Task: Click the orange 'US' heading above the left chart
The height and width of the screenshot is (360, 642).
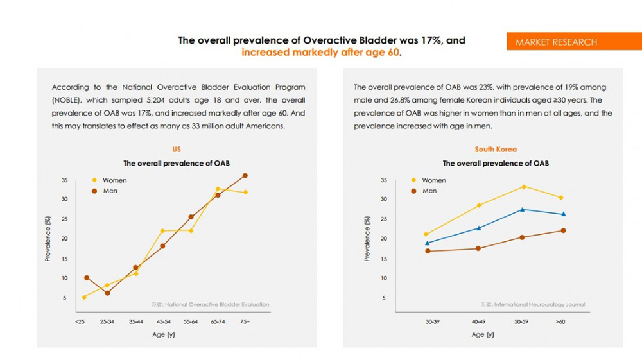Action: (177, 150)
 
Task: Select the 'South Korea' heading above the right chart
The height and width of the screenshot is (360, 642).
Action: (496, 150)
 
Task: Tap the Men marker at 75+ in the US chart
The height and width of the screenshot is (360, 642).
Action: (245, 175)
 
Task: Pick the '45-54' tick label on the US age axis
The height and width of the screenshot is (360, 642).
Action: (163, 321)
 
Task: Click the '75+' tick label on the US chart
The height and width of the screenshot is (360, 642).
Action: (244, 321)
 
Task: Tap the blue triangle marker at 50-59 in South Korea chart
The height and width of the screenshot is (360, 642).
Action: (523, 210)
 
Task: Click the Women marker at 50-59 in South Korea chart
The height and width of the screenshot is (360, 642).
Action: (524, 187)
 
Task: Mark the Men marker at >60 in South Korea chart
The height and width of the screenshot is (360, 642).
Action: (563, 230)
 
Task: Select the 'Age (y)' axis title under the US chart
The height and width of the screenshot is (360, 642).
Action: (162, 334)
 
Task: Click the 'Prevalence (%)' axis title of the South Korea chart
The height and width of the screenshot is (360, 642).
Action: (367, 238)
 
